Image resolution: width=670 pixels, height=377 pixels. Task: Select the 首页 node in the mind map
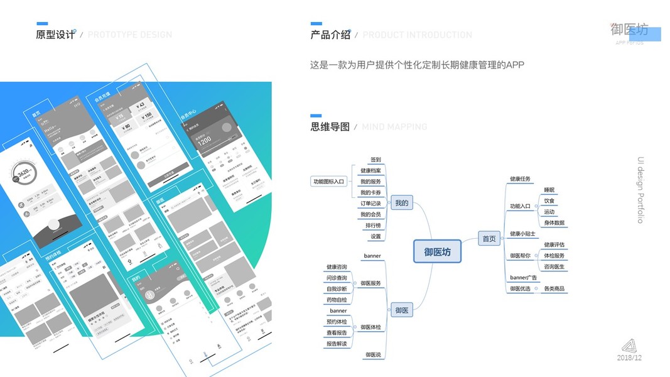[489, 239]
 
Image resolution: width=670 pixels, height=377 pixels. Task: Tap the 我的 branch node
[401, 203]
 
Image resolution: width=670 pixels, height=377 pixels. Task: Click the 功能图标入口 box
[329, 182]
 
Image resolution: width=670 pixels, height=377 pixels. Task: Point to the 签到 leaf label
[376, 160]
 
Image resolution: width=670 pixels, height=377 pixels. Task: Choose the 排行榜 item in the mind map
[373, 226]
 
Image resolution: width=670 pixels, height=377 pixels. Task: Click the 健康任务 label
[520, 179]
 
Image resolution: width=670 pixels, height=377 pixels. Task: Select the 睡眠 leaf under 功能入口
[549, 190]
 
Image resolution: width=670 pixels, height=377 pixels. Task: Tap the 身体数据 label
[554, 223]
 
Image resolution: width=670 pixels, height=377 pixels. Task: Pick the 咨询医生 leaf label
[554, 267]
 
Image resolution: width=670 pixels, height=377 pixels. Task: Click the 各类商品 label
[554, 289]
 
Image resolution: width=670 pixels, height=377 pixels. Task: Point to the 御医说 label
[373, 355]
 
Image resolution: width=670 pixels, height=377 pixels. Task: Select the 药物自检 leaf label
[337, 300]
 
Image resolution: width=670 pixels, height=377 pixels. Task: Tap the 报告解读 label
[337, 344]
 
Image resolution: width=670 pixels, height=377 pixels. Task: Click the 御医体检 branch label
[370, 327]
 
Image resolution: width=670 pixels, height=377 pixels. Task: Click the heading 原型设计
[55, 35]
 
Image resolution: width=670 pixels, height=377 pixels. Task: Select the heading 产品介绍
[330, 35]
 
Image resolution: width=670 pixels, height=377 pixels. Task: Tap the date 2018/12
[629, 358]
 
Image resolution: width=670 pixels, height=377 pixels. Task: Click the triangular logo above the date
[629, 346]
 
